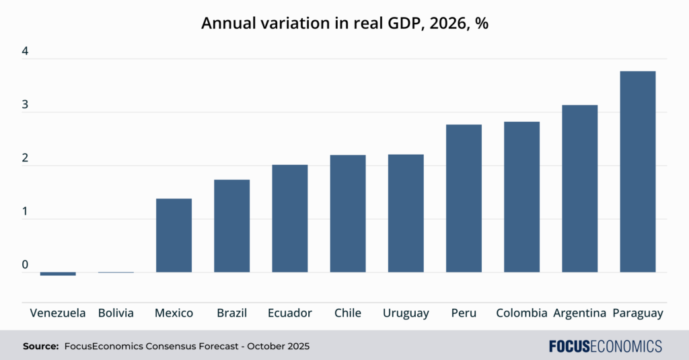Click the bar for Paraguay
[x=637, y=172]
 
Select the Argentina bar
[x=579, y=188]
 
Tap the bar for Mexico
[x=174, y=235]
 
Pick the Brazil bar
[x=231, y=225]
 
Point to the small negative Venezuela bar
[x=58, y=274]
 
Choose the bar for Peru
[x=464, y=198]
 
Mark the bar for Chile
[x=348, y=213]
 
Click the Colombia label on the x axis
[x=521, y=313]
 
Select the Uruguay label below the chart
[x=406, y=313]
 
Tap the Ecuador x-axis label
[x=289, y=313]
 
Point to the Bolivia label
[x=116, y=313]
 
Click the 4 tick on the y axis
[x=25, y=52]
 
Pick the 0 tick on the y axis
[x=25, y=265]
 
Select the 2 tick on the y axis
[x=25, y=158]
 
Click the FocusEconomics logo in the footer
[x=605, y=347]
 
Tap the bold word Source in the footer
[x=40, y=347]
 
